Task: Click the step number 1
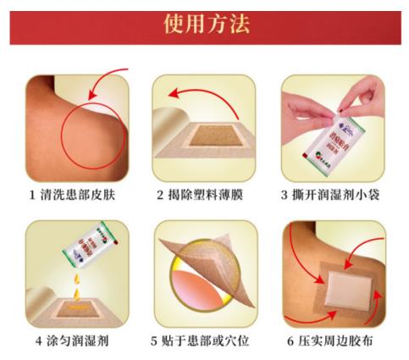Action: coord(30,195)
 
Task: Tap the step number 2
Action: coord(159,195)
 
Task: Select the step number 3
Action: coord(285,195)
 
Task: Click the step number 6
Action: coord(285,341)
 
